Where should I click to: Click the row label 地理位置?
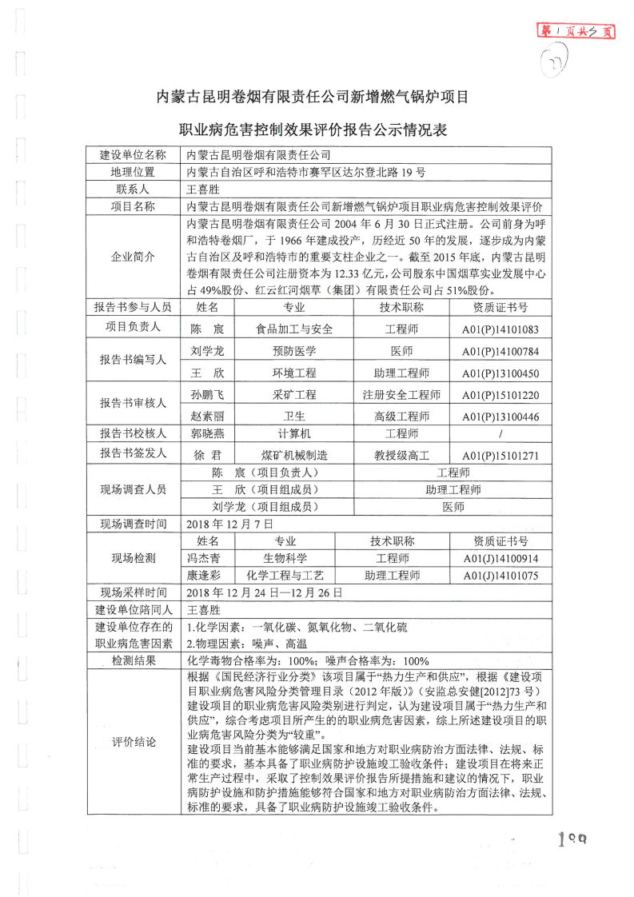[133, 172]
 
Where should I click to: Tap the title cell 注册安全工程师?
[401, 395]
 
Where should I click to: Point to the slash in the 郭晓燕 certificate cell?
[500, 434]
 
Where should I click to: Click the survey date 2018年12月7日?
[230, 524]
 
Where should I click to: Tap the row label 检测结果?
[133, 661]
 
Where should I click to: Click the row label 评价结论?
[133, 740]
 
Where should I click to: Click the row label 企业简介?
[133, 257]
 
